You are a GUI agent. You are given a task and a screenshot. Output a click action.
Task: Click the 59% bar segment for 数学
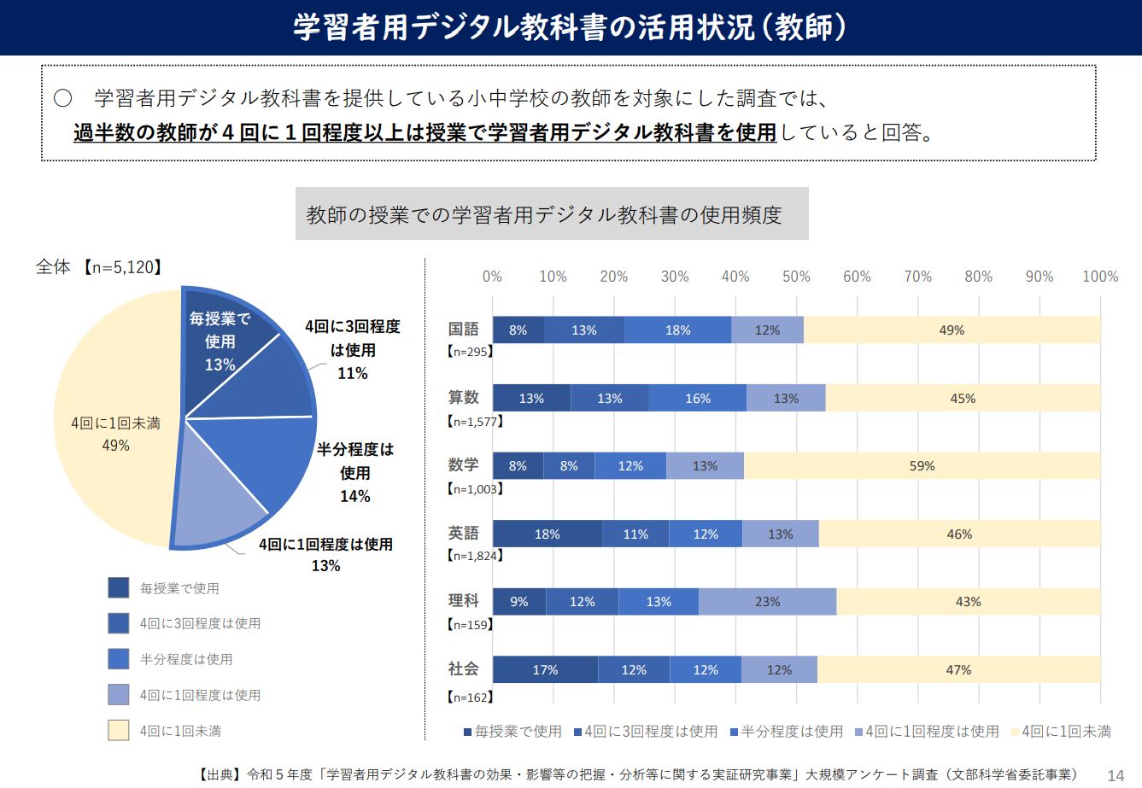[x=922, y=466]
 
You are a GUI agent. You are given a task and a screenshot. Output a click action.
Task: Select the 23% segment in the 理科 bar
[x=767, y=602]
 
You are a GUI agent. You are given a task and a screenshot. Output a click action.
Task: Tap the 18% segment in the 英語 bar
[x=547, y=534]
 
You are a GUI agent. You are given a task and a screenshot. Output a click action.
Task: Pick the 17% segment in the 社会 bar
[x=545, y=670]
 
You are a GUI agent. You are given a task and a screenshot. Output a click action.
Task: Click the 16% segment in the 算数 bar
[x=697, y=399]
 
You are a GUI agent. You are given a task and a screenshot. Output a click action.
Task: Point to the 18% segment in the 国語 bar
[x=677, y=330]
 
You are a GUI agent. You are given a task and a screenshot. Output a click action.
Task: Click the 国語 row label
[x=464, y=330]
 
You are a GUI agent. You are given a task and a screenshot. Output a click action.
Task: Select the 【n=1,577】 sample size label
[x=475, y=421]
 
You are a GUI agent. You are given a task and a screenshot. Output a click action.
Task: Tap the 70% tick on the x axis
[x=917, y=277]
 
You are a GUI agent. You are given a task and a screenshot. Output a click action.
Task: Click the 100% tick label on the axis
[x=1099, y=277]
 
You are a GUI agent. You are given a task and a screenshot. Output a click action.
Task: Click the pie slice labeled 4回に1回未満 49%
[x=115, y=427]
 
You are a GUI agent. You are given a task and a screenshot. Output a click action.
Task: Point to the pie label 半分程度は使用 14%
[x=355, y=472]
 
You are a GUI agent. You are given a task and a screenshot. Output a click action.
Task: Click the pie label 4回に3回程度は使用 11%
[x=352, y=350]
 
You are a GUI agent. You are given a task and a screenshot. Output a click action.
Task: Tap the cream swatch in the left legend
[x=119, y=730]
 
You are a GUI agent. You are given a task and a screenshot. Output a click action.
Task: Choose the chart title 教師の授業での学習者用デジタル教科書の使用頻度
[x=544, y=215]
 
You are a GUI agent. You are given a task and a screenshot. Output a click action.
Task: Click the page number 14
[x=1116, y=775]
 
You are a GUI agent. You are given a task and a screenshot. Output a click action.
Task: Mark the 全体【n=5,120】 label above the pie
[x=98, y=267]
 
